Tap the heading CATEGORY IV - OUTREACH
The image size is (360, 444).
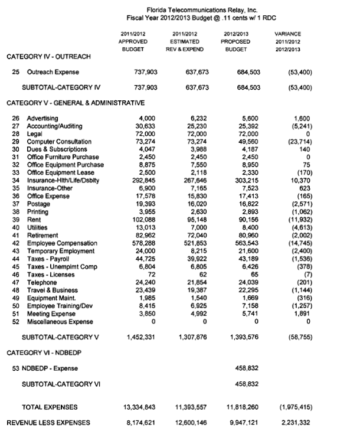[x=48, y=57]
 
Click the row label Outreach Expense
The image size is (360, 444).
[x=54, y=72]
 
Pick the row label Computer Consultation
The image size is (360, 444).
[x=60, y=142]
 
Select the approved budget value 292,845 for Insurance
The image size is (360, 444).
[x=144, y=180]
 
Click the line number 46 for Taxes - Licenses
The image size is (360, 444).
[x=16, y=275]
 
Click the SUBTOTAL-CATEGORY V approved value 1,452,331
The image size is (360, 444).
[x=142, y=337]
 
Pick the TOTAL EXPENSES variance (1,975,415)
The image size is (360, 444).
[x=293, y=407]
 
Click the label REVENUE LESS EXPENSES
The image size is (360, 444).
[x=48, y=422]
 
